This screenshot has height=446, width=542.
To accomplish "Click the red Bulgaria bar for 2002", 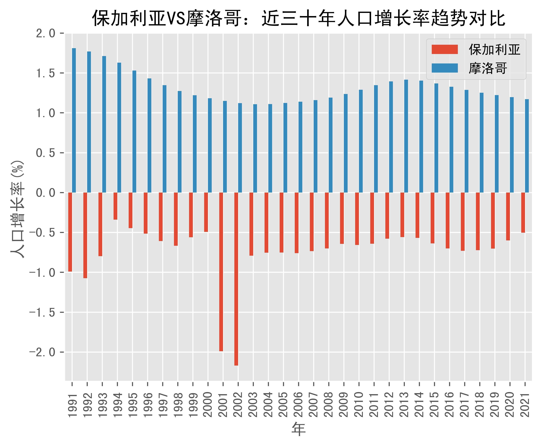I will click(236, 279).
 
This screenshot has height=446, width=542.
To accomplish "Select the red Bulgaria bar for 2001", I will click(221, 272).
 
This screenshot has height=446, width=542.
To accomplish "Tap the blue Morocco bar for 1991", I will click(74, 120).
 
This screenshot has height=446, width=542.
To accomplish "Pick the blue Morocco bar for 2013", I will click(406, 136).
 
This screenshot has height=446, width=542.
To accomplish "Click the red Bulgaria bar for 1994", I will click(115, 206).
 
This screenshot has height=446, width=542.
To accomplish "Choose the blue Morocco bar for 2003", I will click(255, 148).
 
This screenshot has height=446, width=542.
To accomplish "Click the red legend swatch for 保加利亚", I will click(444, 49).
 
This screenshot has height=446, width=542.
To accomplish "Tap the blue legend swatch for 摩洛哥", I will click(444, 68).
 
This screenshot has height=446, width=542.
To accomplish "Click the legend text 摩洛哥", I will click(488, 68).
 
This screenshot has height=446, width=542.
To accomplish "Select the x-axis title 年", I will click(299, 429).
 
